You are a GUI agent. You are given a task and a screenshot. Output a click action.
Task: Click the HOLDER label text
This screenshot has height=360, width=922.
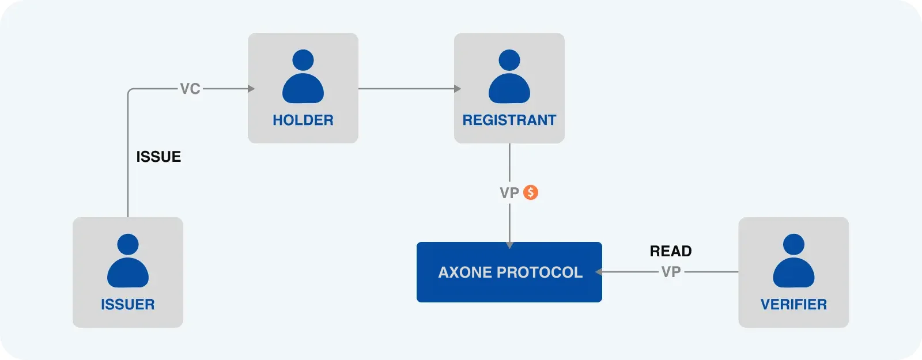(303, 120)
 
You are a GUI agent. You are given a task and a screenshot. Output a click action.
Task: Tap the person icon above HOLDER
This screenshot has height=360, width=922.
(303, 77)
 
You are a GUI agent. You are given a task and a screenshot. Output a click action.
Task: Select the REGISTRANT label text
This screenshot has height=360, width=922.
(509, 120)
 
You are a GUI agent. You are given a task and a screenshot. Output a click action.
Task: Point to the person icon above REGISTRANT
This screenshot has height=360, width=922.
(509, 77)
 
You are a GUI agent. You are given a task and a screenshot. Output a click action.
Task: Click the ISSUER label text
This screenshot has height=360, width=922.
(127, 305)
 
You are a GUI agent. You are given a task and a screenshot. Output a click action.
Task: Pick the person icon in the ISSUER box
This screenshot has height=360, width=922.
(127, 261)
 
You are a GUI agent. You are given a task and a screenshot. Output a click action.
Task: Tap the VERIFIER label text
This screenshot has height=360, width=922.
(793, 305)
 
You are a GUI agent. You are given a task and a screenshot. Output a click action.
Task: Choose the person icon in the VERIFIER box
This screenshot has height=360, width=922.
(793, 261)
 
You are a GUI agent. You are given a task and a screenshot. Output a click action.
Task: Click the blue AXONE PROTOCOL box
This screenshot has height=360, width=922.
(509, 272)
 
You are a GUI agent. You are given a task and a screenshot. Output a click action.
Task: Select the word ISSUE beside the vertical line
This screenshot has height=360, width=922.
(158, 157)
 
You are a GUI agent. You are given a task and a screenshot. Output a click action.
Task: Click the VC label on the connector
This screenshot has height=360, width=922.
(190, 89)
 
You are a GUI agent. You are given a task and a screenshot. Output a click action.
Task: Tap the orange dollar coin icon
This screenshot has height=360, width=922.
(531, 192)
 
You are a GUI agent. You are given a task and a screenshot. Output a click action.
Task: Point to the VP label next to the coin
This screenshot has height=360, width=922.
(509, 193)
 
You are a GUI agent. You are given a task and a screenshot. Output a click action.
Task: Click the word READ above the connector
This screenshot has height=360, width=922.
(671, 251)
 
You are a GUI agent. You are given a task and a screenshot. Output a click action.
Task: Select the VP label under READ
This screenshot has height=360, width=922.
(671, 272)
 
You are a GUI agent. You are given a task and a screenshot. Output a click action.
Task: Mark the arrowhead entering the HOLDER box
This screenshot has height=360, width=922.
(251, 89)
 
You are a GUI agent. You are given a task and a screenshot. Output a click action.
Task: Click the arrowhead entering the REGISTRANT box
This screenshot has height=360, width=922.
(458, 89)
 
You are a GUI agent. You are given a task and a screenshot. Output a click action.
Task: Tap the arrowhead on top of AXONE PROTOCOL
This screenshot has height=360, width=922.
(509, 245)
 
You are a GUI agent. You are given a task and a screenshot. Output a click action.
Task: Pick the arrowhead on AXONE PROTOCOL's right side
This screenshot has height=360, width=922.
(599, 272)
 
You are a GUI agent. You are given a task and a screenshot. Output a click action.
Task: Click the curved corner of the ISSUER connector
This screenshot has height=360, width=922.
(130, 91)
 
